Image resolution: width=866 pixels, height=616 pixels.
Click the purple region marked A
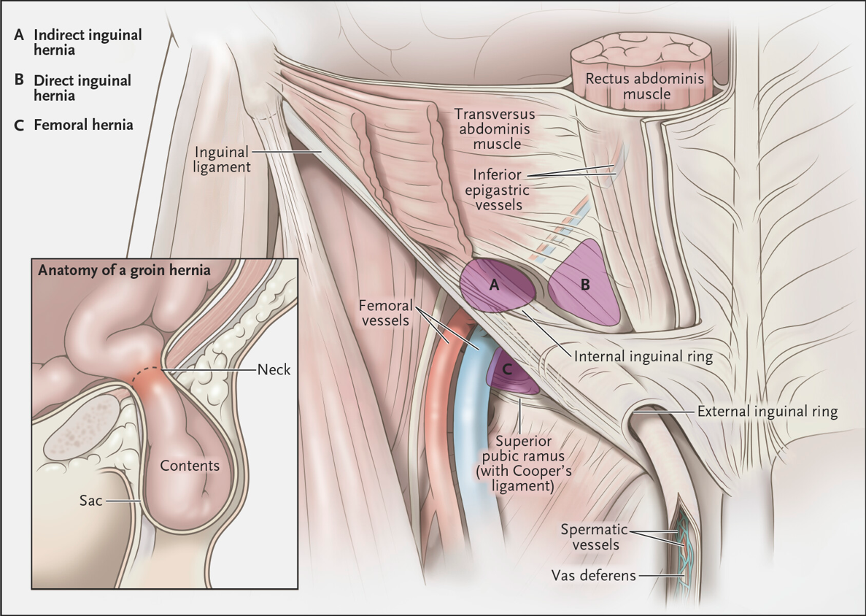click(496, 285)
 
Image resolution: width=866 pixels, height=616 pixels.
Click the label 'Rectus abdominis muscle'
click(644, 86)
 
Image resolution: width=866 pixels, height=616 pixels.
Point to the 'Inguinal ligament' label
click(222, 159)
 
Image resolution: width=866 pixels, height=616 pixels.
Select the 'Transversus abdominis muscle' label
click(495, 128)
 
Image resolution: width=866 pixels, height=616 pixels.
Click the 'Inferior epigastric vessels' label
click(497, 190)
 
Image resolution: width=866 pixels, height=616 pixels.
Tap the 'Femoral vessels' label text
click(385, 312)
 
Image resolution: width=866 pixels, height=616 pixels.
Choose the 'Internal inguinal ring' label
click(643, 356)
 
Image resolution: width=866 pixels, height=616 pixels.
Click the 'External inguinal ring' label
click(767, 411)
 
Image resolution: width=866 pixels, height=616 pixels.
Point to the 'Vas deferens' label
click(594, 576)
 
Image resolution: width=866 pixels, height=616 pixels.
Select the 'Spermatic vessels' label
click(595, 537)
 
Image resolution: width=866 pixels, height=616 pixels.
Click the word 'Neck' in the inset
click(274, 369)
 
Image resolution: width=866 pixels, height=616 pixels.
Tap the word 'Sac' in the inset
click(91, 501)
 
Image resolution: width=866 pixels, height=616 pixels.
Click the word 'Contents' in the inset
click(190, 466)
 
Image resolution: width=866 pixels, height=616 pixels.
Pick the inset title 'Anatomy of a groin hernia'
click(124, 270)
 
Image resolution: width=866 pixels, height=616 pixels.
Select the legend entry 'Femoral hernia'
click(83, 125)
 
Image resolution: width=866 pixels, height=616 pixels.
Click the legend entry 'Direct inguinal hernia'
click(82, 88)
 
